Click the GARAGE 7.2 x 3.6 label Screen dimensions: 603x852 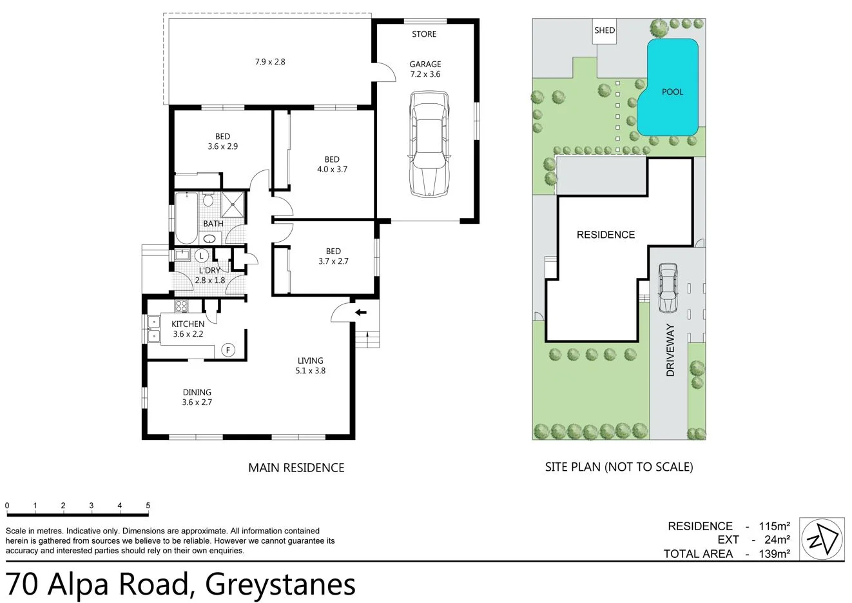[x=425, y=69]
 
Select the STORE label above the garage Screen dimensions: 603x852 [x=424, y=34]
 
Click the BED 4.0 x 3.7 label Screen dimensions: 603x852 [x=332, y=164]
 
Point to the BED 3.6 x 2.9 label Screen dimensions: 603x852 [x=222, y=141]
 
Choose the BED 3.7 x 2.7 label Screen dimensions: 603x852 [x=333, y=256]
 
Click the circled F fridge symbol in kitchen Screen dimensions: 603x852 [x=227, y=350]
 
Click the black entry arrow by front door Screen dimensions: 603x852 [x=361, y=313]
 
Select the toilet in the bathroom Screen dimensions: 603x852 [x=208, y=200]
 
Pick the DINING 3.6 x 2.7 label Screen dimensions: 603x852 [x=197, y=397]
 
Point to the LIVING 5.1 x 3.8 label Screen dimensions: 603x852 [x=310, y=366]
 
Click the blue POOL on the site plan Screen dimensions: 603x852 [x=670, y=90]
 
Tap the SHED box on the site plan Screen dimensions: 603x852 [x=605, y=30]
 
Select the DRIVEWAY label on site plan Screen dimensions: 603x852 [x=670, y=350]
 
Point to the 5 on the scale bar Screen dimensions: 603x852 [x=148, y=506]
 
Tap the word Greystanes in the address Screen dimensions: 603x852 [x=280, y=584]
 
